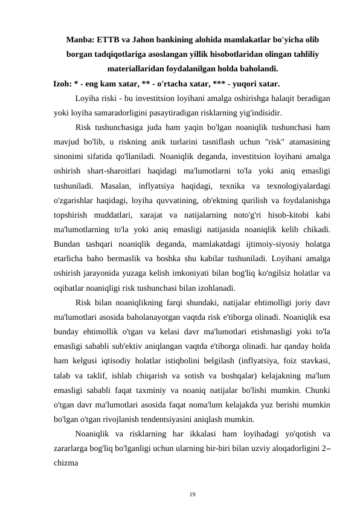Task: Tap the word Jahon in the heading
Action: point(153,40)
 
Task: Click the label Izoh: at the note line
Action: point(63,83)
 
